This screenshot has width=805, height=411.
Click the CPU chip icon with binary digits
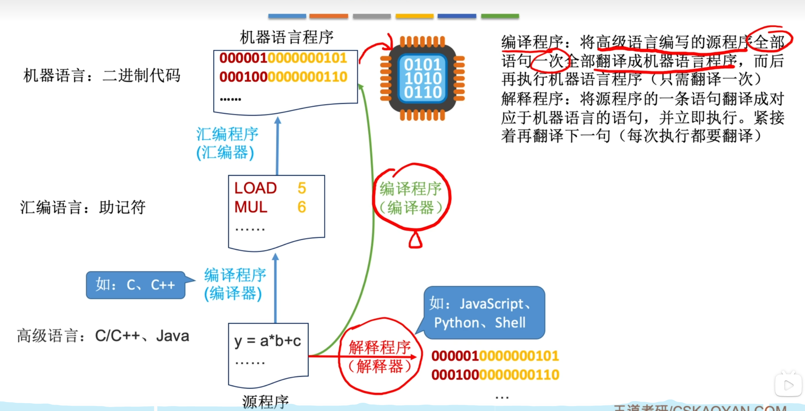422,78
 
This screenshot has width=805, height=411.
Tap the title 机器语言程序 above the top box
286,37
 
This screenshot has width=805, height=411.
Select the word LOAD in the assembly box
255,188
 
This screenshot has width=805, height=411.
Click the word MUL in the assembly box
251,207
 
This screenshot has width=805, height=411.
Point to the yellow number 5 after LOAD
302,188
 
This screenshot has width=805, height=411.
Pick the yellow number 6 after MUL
302,207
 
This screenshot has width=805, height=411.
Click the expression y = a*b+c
267,341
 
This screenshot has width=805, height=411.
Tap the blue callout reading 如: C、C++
135,285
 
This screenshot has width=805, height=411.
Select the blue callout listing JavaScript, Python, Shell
484,313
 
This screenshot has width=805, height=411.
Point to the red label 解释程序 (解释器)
380,357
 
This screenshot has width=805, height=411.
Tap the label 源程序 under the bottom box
265,401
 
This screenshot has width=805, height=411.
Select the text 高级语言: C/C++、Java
103,336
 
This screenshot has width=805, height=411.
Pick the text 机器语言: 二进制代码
102,75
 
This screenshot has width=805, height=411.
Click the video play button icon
788,385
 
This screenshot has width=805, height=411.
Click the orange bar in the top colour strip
328,16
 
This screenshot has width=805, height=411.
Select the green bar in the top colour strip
500,16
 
